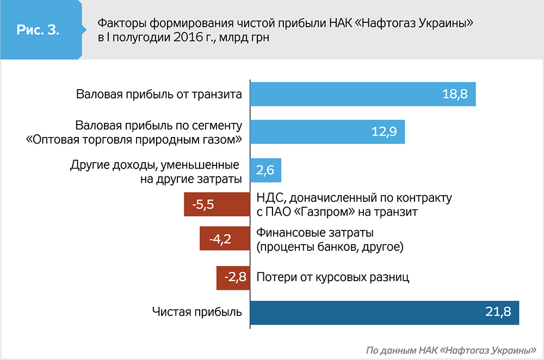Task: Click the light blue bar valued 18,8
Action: pyautogui.click(x=362, y=94)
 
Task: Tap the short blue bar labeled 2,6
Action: pyautogui.click(x=265, y=170)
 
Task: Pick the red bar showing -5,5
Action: pyautogui.click(x=217, y=204)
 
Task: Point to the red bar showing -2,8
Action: pyautogui.click(x=233, y=277)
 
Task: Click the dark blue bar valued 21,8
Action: pyautogui.click(x=384, y=313)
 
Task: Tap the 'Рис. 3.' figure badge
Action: pyautogui.click(x=38, y=30)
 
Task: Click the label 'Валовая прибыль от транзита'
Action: pyautogui.click(x=159, y=95)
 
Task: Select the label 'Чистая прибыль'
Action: pyautogui.click(x=197, y=313)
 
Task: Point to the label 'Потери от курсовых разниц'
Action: pyautogui.click(x=332, y=277)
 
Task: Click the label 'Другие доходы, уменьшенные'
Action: pyautogui.click(x=156, y=165)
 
